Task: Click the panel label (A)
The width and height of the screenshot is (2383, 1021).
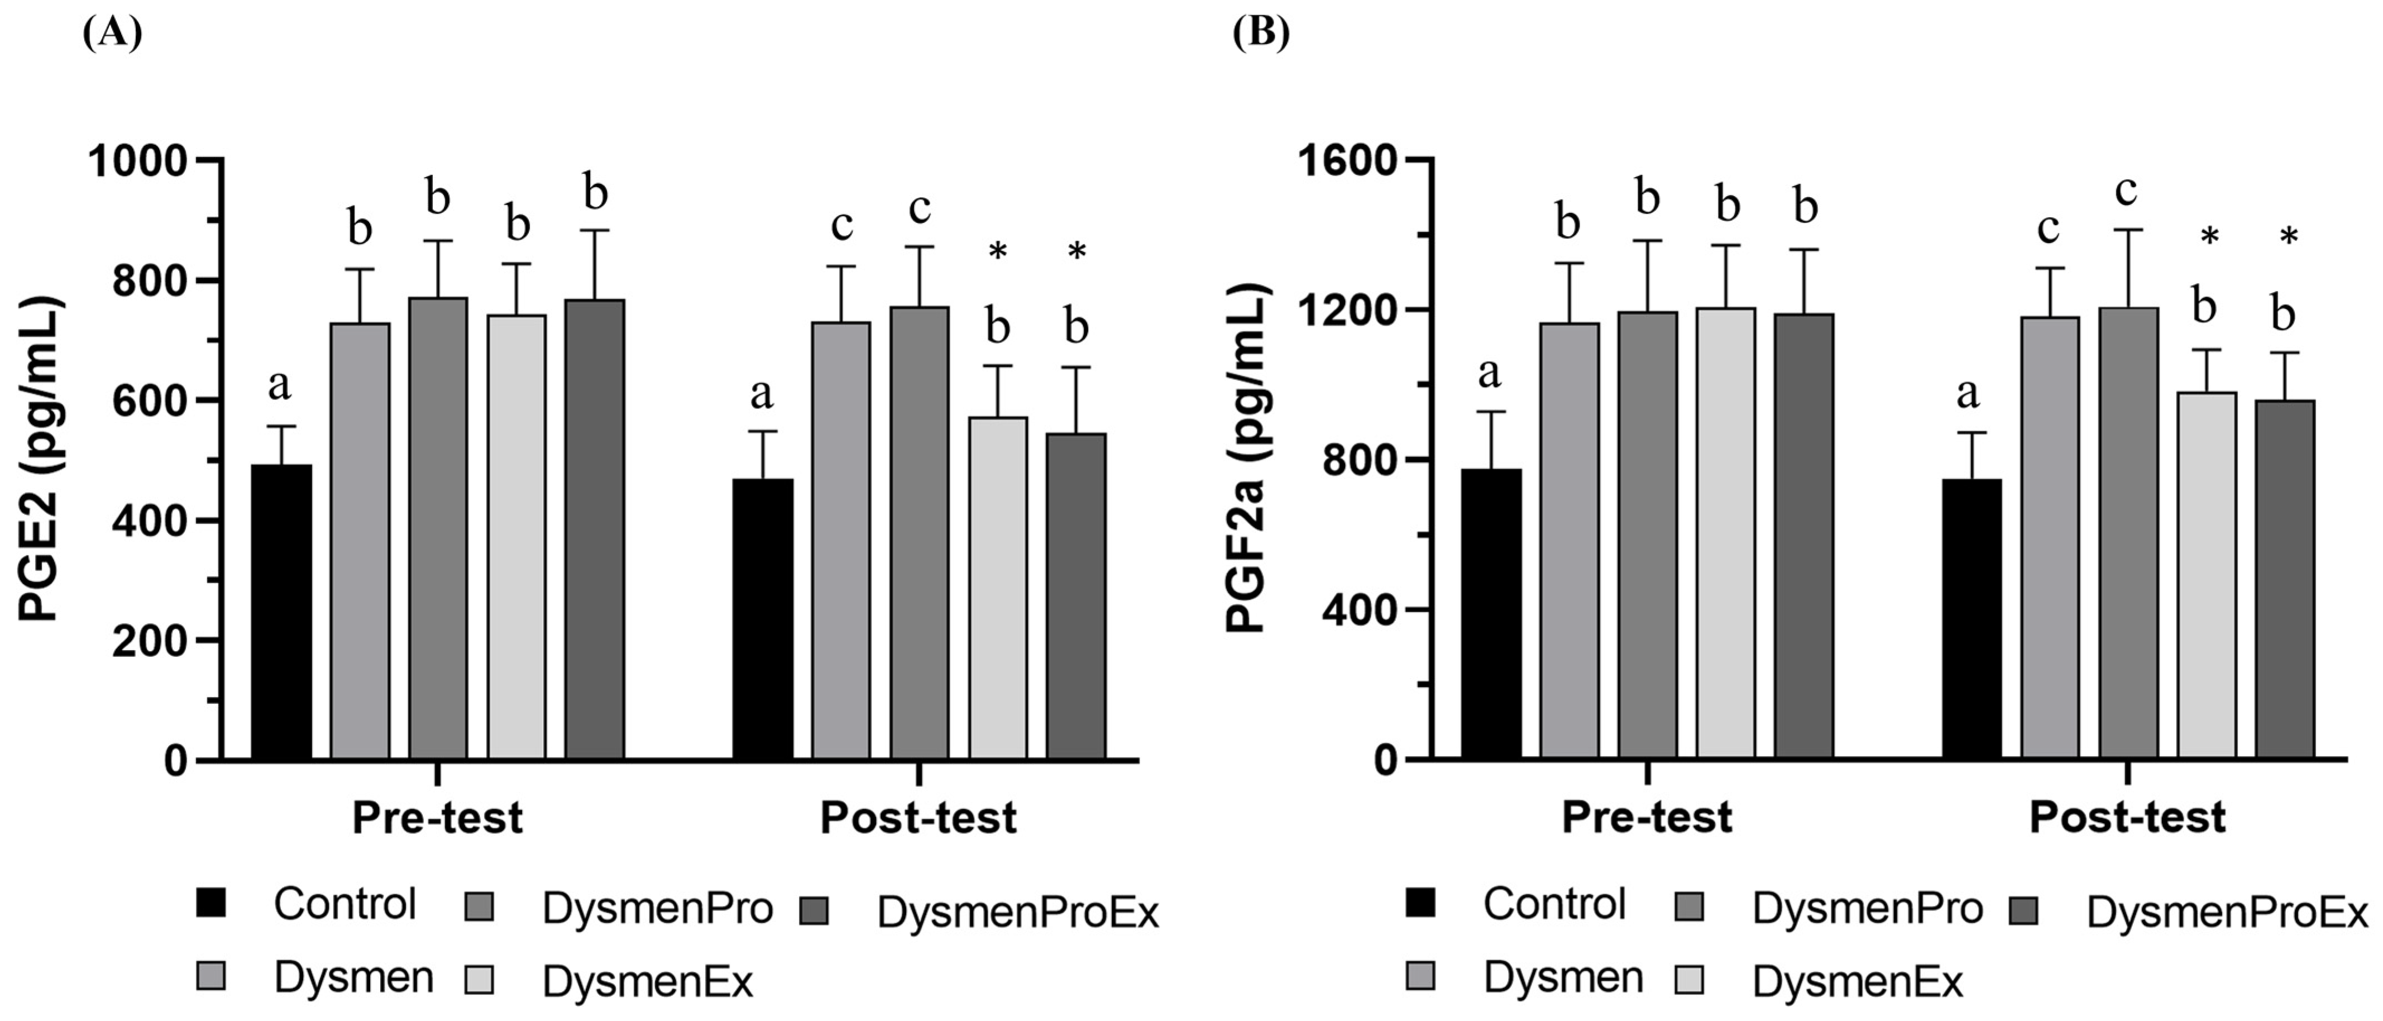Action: [x=112, y=34]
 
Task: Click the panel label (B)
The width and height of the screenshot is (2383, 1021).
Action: [x=1260, y=34]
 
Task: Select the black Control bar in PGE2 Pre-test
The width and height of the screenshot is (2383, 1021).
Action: [x=281, y=611]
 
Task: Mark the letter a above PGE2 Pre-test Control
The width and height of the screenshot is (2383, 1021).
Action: [x=279, y=385]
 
